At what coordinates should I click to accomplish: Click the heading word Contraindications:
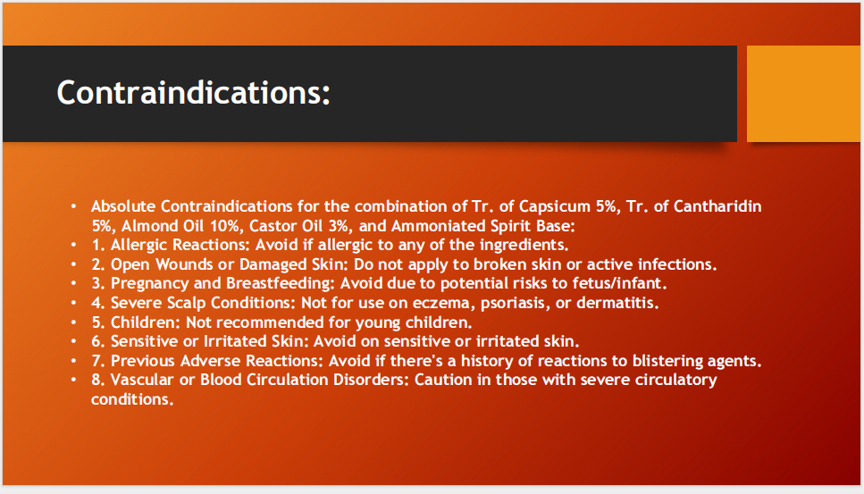pos(193,92)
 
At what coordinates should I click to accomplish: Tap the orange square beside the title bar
pos(804,94)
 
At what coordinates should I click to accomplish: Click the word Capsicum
pos(555,207)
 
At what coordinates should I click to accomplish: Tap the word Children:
pos(146,322)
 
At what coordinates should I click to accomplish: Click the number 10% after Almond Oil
pos(226,226)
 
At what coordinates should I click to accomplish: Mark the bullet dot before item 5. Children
pos(74,322)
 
